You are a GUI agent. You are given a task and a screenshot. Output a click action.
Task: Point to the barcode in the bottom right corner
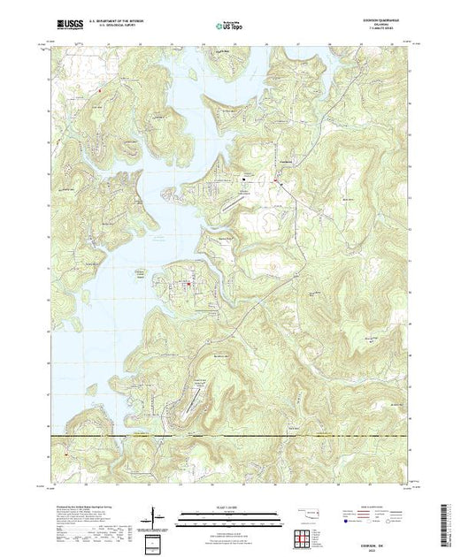point(448,522)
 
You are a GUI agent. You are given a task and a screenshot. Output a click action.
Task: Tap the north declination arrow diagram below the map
point(158,515)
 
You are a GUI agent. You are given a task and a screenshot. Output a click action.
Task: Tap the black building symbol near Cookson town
point(245,181)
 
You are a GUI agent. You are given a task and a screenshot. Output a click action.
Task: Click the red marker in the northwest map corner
point(100,89)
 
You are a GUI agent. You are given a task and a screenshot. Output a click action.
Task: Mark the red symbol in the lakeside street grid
point(187,284)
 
